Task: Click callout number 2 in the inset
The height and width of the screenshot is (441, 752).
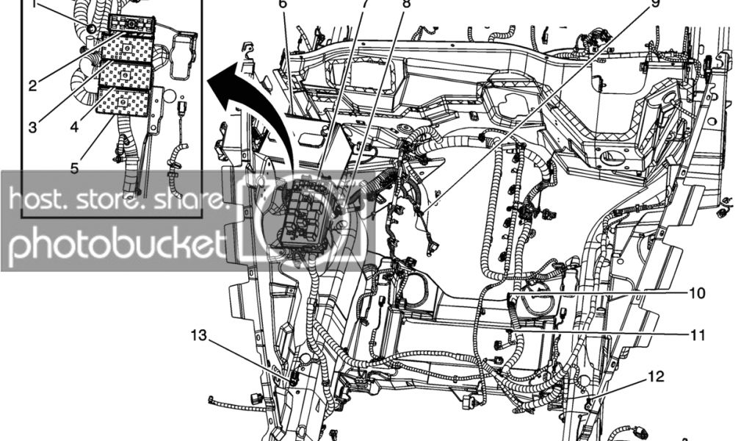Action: (33, 85)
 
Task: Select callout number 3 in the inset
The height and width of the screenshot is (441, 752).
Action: (33, 126)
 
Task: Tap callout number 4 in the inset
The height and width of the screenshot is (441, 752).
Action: (74, 126)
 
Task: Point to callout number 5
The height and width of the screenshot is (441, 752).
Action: (74, 167)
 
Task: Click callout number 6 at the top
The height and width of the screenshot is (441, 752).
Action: (283, 4)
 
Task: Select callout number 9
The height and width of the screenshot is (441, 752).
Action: (656, 4)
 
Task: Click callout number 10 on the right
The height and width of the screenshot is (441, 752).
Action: (697, 293)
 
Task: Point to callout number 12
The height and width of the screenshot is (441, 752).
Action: (656, 377)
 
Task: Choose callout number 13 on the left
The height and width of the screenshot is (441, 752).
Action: (198, 335)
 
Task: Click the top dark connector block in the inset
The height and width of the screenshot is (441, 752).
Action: (131, 24)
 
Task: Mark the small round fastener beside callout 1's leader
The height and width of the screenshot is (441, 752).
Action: (90, 28)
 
